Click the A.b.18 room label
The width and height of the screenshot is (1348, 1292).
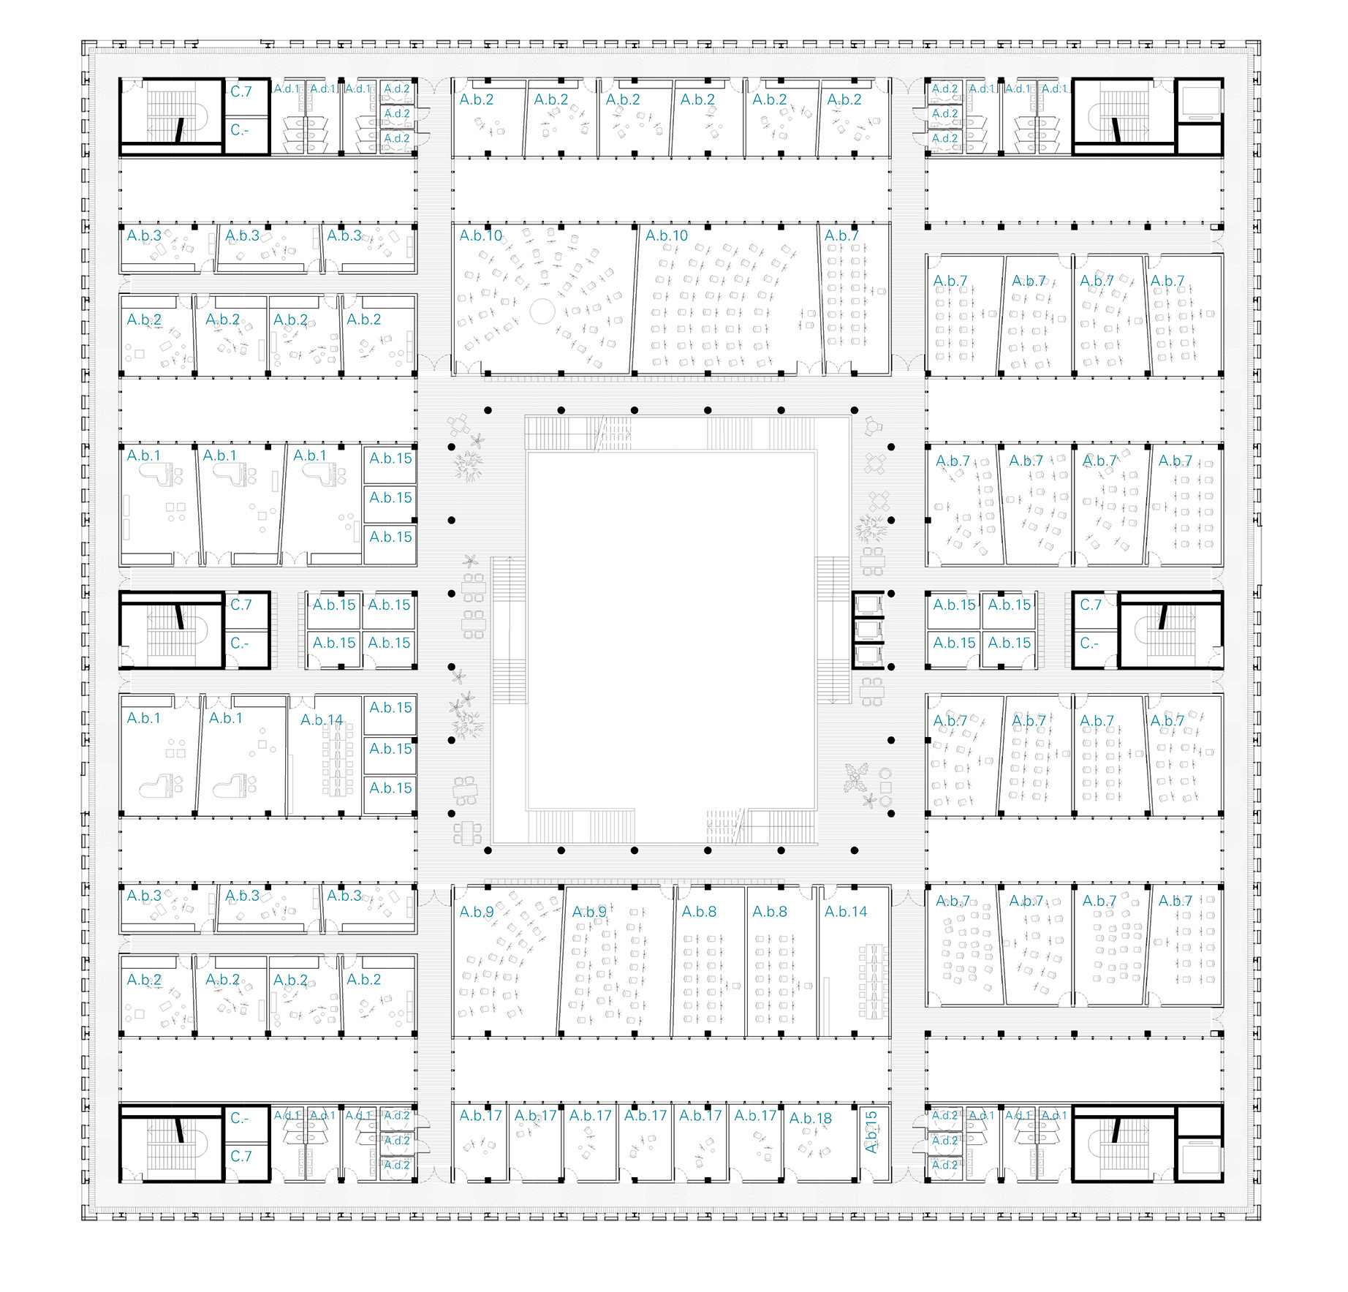(x=811, y=1118)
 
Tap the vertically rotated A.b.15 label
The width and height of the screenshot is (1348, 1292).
(x=871, y=1132)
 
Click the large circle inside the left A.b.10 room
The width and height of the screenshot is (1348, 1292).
(x=542, y=311)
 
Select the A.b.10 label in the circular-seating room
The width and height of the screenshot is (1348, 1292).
(x=481, y=235)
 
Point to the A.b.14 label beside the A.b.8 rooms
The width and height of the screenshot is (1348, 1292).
(x=846, y=912)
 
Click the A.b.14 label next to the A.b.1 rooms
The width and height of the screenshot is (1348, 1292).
(x=322, y=720)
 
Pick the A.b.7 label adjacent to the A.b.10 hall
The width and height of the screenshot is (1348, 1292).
(x=841, y=235)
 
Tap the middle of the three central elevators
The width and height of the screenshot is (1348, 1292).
(x=868, y=630)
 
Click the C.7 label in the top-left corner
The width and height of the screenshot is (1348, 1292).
(x=241, y=91)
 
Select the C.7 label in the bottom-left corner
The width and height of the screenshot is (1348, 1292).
(x=241, y=1156)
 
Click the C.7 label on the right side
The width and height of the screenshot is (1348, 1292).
(x=1091, y=605)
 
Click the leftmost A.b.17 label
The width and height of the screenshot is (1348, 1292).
(x=481, y=1116)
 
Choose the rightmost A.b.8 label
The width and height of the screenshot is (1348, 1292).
(x=770, y=912)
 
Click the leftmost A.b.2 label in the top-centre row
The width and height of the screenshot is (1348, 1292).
(x=477, y=99)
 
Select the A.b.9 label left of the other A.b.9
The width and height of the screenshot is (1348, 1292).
(x=477, y=912)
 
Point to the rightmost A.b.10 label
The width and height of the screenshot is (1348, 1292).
(x=667, y=235)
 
